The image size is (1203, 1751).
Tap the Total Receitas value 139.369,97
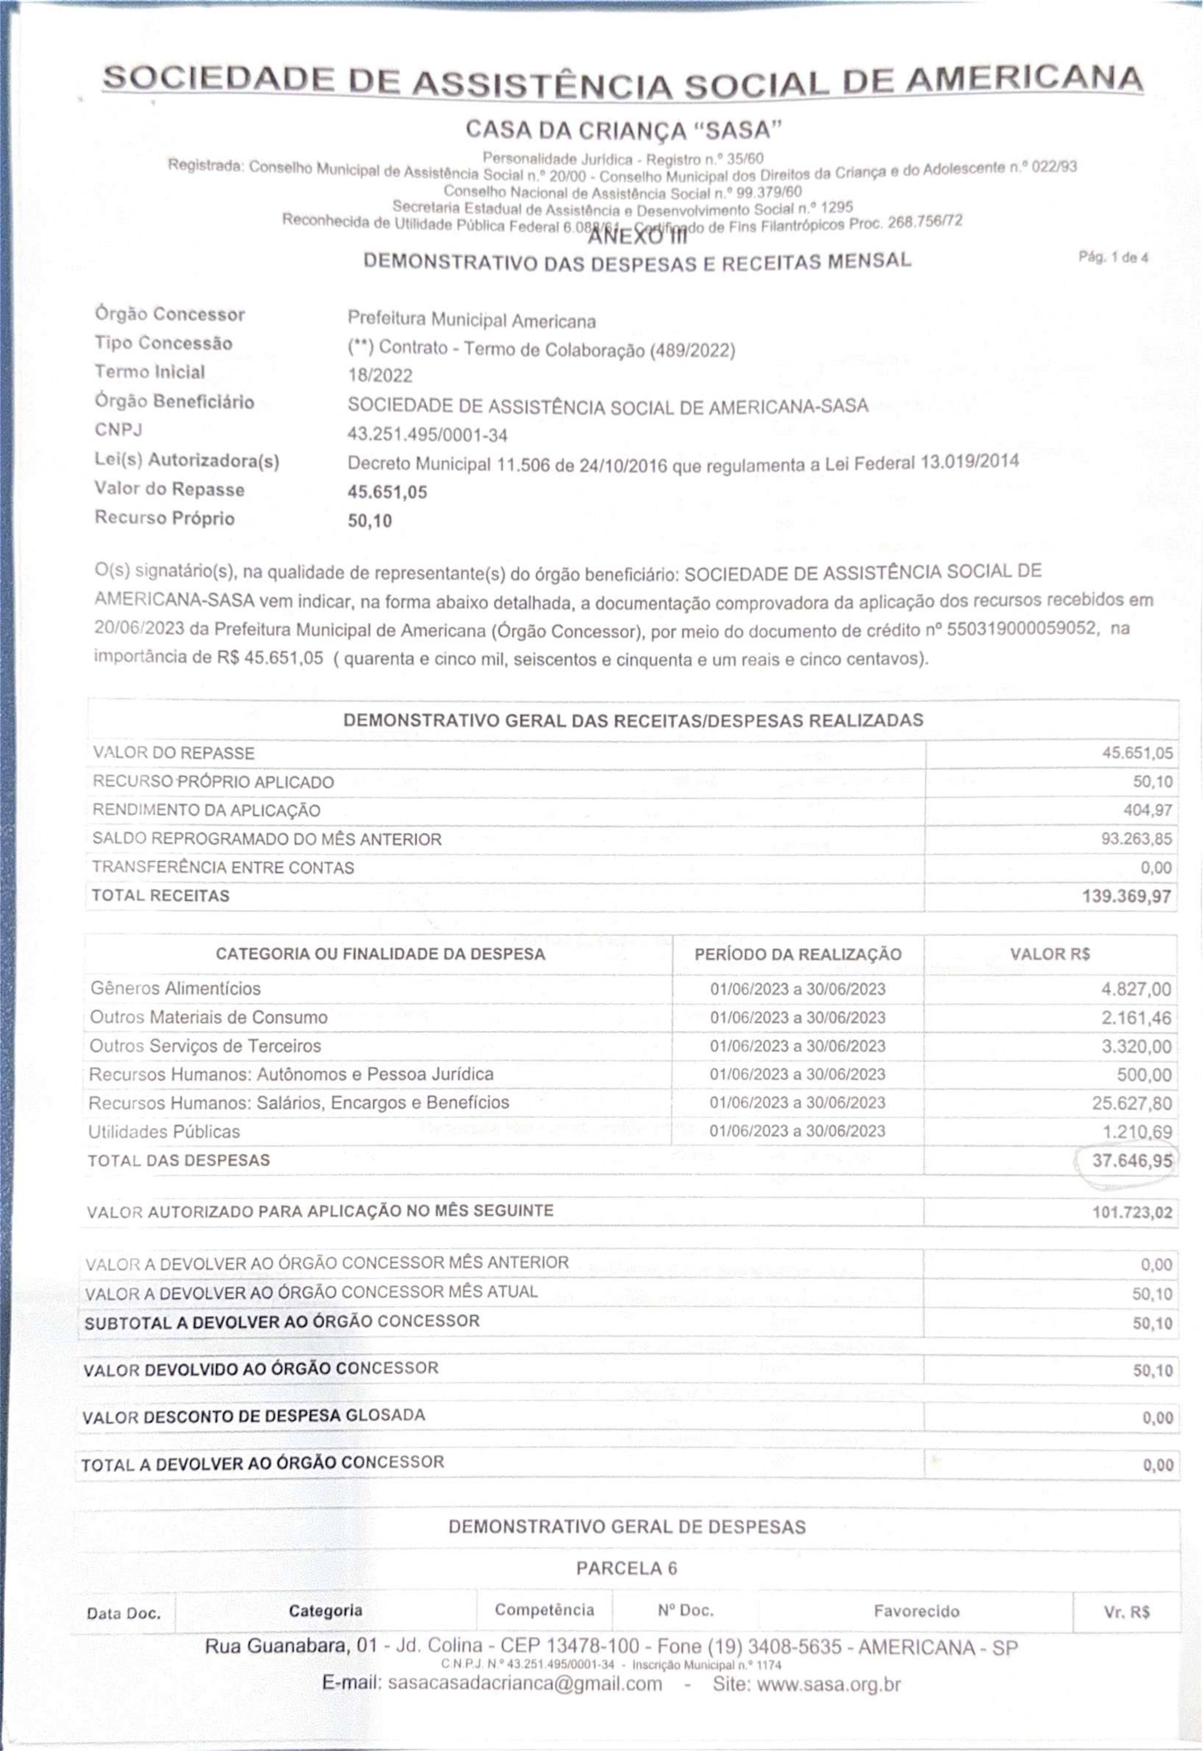click(x=1127, y=896)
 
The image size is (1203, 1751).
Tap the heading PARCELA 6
click(x=626, y=1569)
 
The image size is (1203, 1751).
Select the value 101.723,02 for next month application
click(x=1132, y=1212)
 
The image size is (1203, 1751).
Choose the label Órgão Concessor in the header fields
click(x=169, y=314)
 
